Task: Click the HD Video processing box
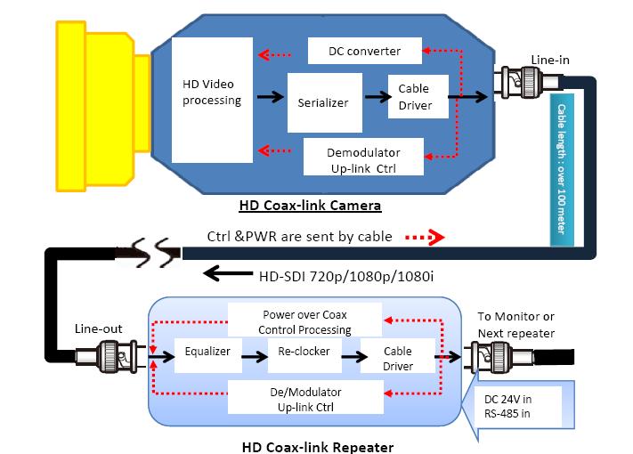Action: pyautogui.click(x=212, y=93)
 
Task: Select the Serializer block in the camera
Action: pyautogui.click(x=323, y=102)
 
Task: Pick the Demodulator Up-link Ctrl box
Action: pyautogui.click(x=362, y=158)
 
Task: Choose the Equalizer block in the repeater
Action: pyautogui.click(x=207, y=353)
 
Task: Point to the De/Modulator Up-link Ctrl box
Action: pyautogui.click(x=304, y=398)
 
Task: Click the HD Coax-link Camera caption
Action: pyautogui.click(x=310, y=206)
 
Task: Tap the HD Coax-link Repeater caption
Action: pyautogui.click(x=317, y=445)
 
